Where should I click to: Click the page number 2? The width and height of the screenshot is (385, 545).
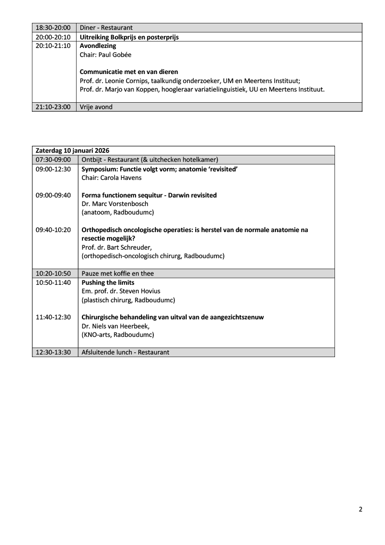click(361, 509)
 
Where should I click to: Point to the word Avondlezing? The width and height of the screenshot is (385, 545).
click(98, 46)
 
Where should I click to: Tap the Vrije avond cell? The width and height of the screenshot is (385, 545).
click(96, 107)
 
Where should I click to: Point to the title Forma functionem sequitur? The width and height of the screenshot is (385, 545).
click(126, 195)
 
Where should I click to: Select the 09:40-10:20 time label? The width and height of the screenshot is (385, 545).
click(53, 230)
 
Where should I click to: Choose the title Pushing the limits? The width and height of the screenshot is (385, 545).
click(107, 283)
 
